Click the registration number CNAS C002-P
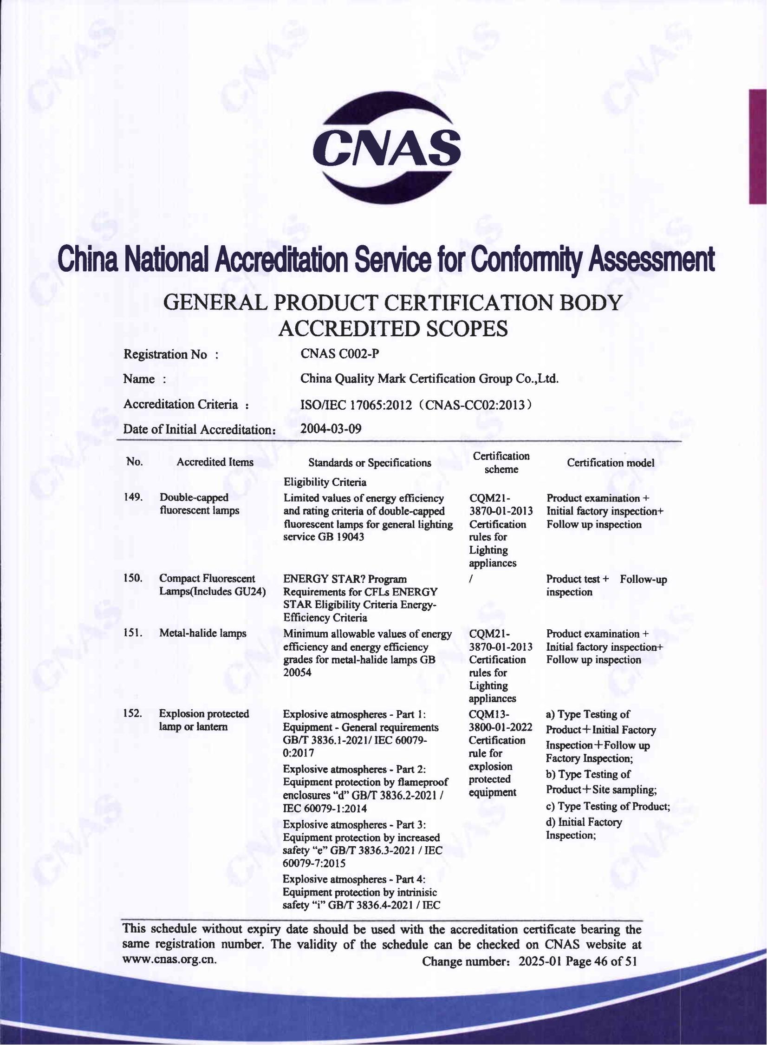point(339,354)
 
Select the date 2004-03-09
point(331,428)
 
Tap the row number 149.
point(133,497)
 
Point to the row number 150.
point(133,579)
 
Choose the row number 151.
point(133,634)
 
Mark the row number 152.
point(133,713)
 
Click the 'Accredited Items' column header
point(215,462)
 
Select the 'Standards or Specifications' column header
point(370,463)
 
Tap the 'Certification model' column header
point(611,463)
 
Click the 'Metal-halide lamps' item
point(202,634)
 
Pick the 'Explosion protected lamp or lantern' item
point(204,720)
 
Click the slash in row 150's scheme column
point(471,580)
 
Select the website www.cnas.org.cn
point(169,960)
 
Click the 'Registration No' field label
point(165,355)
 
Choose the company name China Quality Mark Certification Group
point(429,379)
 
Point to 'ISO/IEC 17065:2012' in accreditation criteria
point(356,405)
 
